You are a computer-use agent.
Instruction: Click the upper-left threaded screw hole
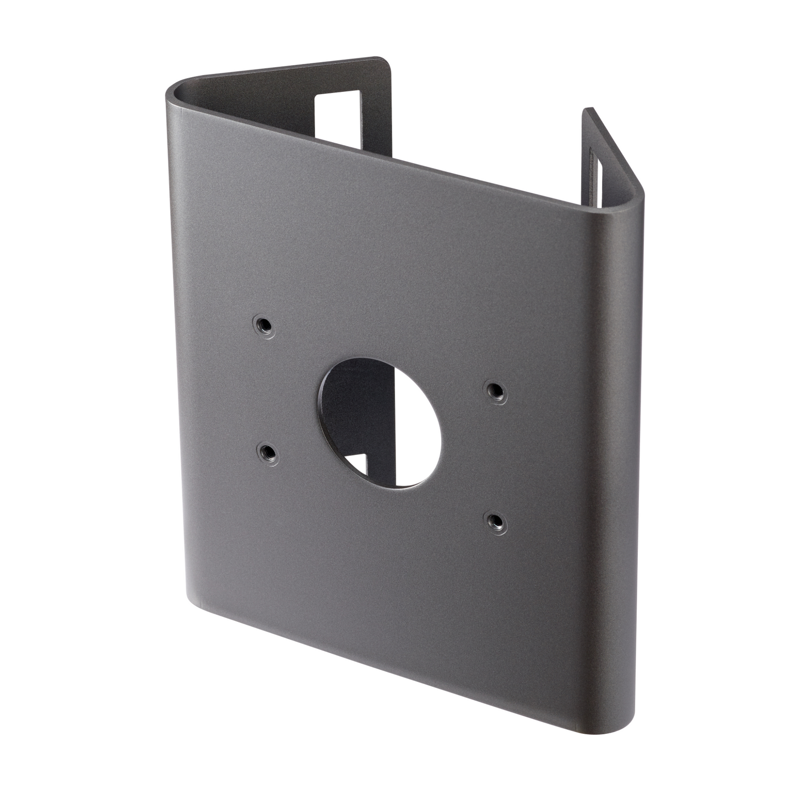(264, 326)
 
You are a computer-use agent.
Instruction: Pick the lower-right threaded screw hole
(496, 521)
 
